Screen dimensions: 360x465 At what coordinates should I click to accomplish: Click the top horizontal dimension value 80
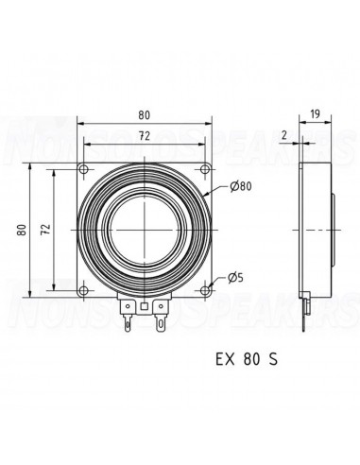click(145, 115)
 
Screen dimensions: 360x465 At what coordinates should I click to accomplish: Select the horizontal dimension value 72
click(145, 136)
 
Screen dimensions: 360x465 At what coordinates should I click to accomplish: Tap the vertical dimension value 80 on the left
click(22, 230)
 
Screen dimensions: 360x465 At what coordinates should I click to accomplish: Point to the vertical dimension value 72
click(46, 230)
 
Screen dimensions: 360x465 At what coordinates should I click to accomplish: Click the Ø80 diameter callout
click(241, 186)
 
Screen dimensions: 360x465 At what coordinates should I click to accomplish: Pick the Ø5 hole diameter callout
click(235, 278)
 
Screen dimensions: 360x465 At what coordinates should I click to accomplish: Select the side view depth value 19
click(315, 113)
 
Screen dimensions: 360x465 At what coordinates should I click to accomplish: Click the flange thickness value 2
click(284, 135)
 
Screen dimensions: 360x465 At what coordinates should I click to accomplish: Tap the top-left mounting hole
click(84, 169)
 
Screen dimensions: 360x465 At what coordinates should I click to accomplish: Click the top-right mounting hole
click(205, 169)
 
